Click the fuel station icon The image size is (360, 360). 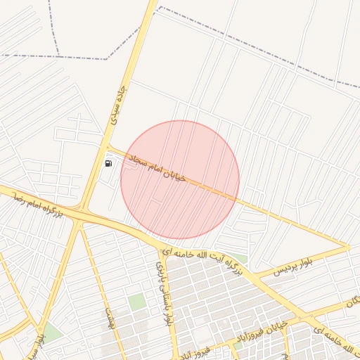[108, 163]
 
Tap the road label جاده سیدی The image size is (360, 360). [117, 103]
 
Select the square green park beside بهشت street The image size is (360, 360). [137, 303]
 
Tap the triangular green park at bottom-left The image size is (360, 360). [51, 333]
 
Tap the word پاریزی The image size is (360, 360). [160, 273]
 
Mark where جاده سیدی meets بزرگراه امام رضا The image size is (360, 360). [84, 209]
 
